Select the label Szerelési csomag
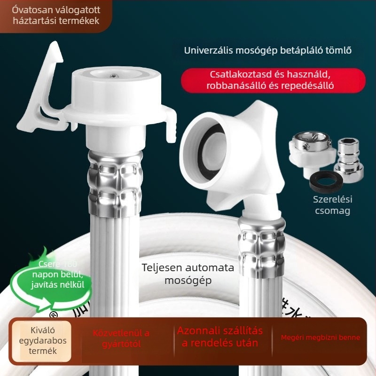(332, 205)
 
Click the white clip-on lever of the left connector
(40, 94)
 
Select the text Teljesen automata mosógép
(188, 274)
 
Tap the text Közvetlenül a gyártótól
(121, 338)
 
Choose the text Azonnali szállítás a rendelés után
(220, 337)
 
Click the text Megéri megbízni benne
(321, 337)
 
